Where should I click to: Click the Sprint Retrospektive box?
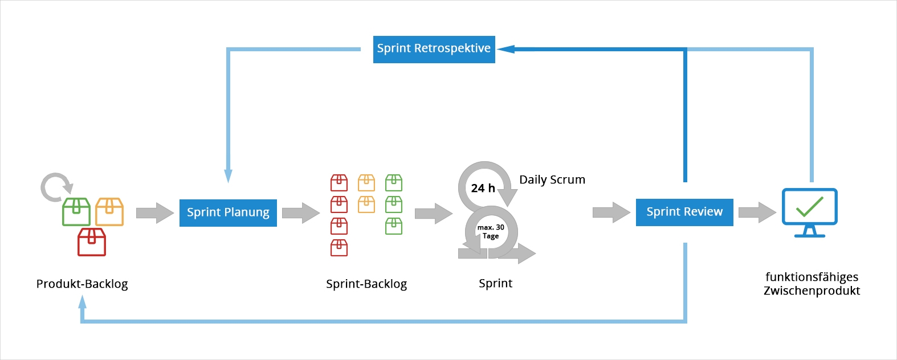[x=434, y=49]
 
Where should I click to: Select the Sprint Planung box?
[x=228, y=212]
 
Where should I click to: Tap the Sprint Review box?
[x=684, y=212]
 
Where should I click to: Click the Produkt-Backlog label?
[x=82, y=284]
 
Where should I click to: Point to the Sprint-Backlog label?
[x=366, y=284]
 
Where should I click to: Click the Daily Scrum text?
[x=552, y=180]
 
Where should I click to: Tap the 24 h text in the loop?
[x=483, y=188]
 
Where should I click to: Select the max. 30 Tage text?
[x=491, y=231]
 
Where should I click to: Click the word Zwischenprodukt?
[x=812, y=291]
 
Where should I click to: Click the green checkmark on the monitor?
[x=810, y=206]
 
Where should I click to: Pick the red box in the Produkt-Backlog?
[x=92, y=242]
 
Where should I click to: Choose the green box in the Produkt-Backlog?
[x=76, y=212]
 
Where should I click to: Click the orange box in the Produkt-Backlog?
[x=109, y=212]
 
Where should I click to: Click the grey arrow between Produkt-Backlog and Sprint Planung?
[x=154, y=213]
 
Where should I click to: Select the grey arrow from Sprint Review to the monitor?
[x=757, y=212]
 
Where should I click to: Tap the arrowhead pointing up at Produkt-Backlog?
[x=83, y=302]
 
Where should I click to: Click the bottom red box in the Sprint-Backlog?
[x=339, y=248]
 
